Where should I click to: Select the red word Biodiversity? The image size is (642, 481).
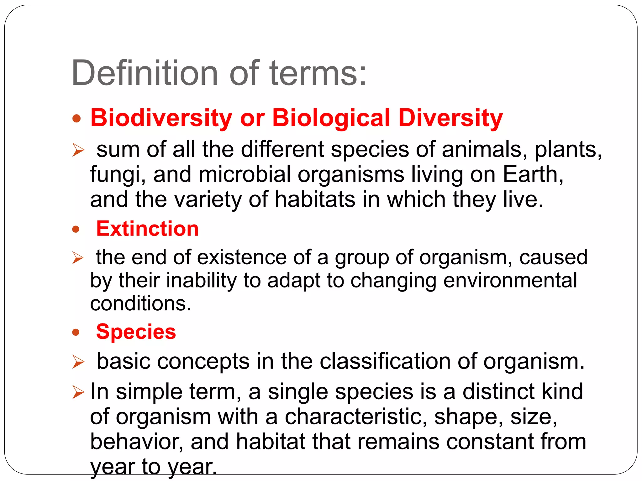[161, 118]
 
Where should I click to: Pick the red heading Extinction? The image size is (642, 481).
[147, 228]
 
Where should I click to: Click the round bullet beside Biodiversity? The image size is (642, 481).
[76, 119]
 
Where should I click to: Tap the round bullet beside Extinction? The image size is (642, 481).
[76, 229]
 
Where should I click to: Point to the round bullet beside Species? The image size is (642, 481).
[76, 332]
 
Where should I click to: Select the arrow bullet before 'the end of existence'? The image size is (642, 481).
[78, 258]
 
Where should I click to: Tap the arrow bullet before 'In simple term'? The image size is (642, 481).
[78, 392]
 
